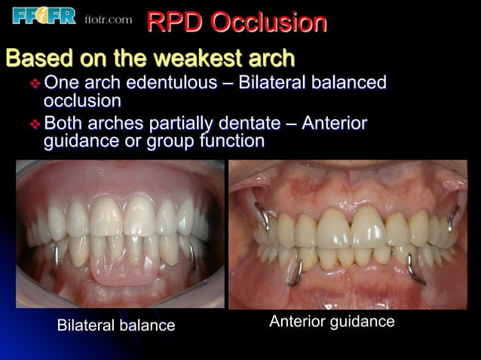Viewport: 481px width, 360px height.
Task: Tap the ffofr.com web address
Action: (x=108, y=20)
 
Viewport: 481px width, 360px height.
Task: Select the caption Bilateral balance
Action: (x=116, y=325)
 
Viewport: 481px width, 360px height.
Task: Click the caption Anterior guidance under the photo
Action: (x=332, y=322)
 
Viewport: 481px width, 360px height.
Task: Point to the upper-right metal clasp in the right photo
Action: (x=453, y=215)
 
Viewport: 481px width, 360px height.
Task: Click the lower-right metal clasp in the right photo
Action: (x=413, y=264)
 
